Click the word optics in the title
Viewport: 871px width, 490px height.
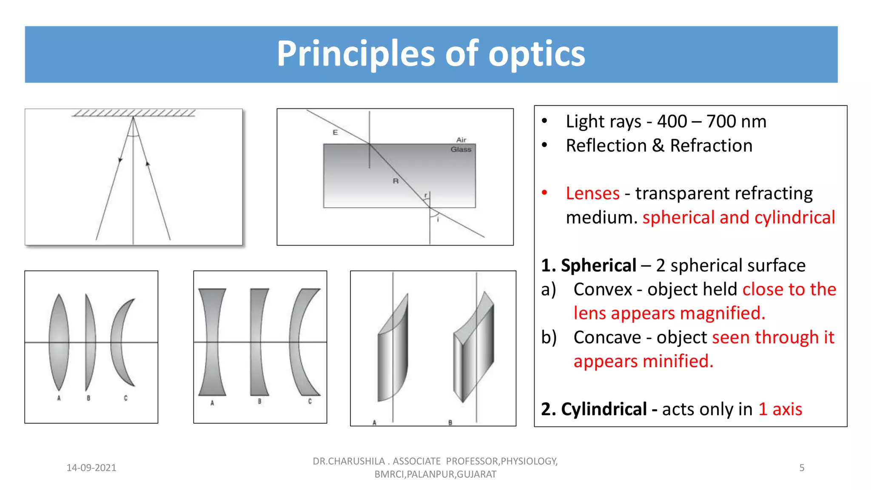[x=536, y=54]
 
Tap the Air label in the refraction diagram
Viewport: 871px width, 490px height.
[x=461, y=140]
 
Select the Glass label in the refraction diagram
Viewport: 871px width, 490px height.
[x=461, y=149]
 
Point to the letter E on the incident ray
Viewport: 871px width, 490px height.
[x=335, y=132]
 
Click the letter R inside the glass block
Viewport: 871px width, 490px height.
[x=396, y=181]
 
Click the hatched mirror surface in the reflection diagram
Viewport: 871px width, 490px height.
[x=134, y=113]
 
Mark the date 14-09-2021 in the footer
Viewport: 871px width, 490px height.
[x=91, y=468]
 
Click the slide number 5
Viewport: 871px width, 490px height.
[x=802, y=468]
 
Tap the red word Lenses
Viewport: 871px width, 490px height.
[x=592, y=194]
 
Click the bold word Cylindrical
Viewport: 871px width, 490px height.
[x=604, y=409]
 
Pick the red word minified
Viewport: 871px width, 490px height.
[x=677, y=361]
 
